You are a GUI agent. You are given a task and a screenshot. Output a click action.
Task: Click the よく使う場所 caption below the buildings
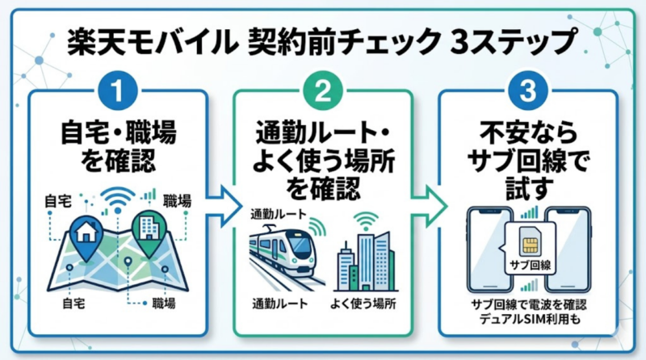(x=364, y=305)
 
